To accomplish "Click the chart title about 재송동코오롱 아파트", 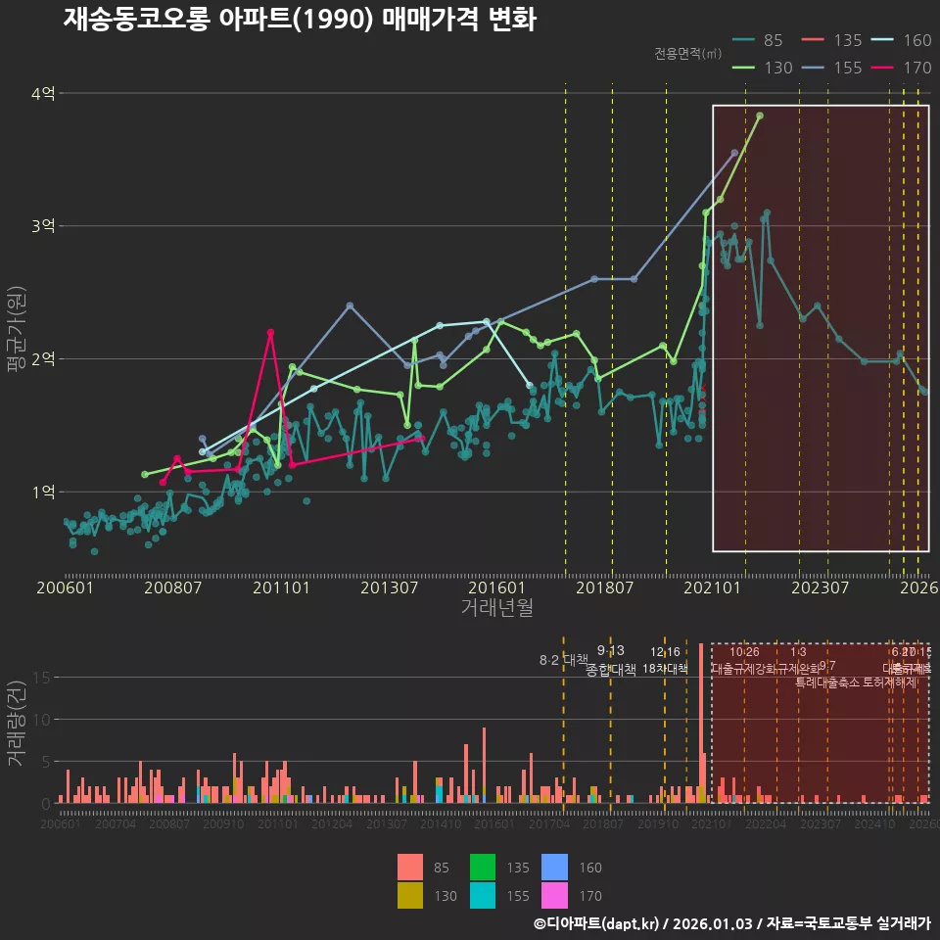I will click(x=300, y=20).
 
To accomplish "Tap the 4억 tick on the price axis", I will click(x=43, y=94).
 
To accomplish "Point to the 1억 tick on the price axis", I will click(x=43, y=492).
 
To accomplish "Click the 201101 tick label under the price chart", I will click(x=281, y=587).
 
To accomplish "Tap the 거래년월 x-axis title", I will click(x=496, y=608).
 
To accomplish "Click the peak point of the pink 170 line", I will click(x=270, y=333).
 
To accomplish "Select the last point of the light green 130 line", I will click(x=760, y=116).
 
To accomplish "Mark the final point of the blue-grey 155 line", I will click(x=734, y=153).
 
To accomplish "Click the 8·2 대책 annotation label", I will click(x=563, y=660).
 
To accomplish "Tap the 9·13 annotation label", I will click(x=610, y=651).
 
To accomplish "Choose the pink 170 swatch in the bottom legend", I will click(x=555, y=895).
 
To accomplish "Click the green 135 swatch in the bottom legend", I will click(x=483, y=868).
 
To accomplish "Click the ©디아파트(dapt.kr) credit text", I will click(x=594, y=923).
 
